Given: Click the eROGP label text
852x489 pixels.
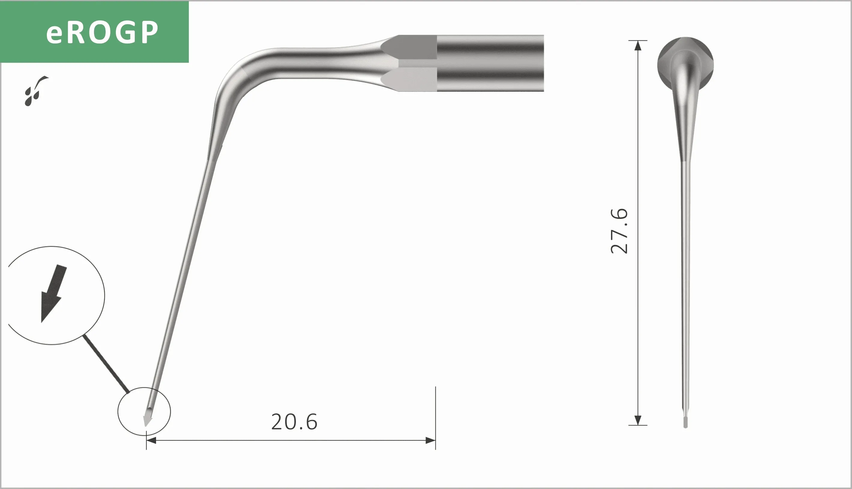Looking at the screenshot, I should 102,32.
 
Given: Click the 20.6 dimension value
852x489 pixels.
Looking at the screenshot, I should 294,422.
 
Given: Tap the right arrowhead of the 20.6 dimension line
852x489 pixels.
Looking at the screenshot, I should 431,440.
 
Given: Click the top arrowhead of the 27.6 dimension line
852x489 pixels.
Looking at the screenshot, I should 637,46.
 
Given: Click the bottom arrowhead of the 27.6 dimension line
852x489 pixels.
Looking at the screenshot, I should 637,420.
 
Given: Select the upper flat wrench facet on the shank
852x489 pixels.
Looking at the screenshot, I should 412,47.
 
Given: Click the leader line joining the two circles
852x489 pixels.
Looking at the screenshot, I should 106,364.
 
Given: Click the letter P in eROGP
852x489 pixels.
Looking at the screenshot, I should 148,33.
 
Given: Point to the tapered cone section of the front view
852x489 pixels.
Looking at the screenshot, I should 685,128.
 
